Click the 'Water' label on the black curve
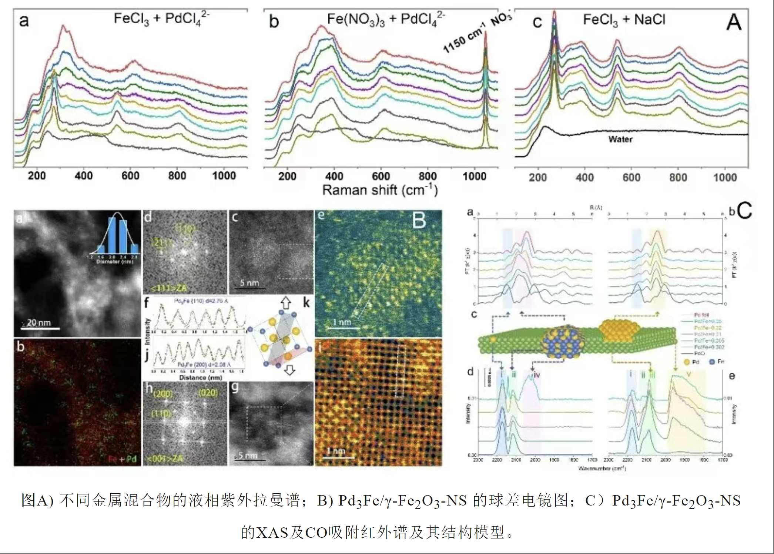[620, 139]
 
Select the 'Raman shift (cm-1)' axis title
[380, 190]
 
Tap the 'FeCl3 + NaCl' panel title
[624, 20]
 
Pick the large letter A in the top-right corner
[734, 22]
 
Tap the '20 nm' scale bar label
[38, 322]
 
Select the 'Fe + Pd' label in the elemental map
[123, 459]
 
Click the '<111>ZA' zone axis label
[168, 288]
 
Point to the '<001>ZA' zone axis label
[165, 459]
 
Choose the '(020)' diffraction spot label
[208, 393]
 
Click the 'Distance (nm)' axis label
[200, 377]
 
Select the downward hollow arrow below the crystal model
[289, 370]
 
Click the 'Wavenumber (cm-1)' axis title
[602, 468]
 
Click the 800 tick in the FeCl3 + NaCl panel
[678, 178]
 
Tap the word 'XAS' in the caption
[272, 532]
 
